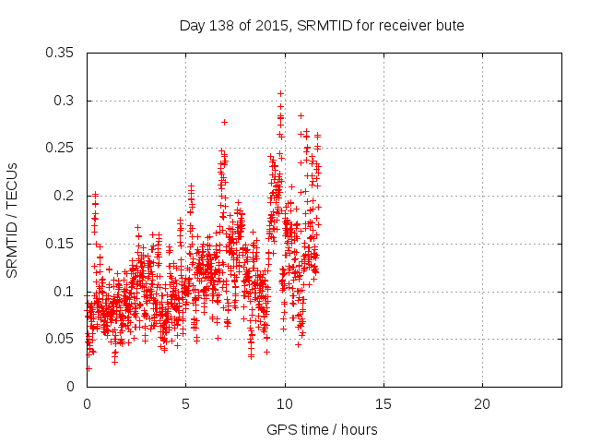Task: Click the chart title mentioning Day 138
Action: tap(322, 25)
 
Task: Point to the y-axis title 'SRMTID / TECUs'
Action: tap(12, 220)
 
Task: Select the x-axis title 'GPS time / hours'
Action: tap(322, 429)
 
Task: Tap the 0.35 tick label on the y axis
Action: tap(62, 53)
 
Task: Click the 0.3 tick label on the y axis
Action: tap(65, 101)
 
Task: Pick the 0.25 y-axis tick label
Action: tap(62, 148)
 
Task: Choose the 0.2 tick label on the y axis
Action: tap(65, 196)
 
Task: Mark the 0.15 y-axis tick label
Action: tap(62, 244)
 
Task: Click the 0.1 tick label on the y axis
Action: tap(65, 292)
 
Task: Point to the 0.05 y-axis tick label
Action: tap(62, 339)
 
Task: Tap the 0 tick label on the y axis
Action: tap(73, 387)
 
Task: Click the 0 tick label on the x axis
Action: tap(87, 404)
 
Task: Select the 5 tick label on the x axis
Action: tap(185, 404)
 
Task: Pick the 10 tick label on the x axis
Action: tap(285, 404)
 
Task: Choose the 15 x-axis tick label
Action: tap(383, 404)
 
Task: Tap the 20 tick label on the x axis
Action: tap(482, 404)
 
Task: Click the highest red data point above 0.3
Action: tap(280, 93)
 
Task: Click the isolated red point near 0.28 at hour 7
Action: tap(224, 122)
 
